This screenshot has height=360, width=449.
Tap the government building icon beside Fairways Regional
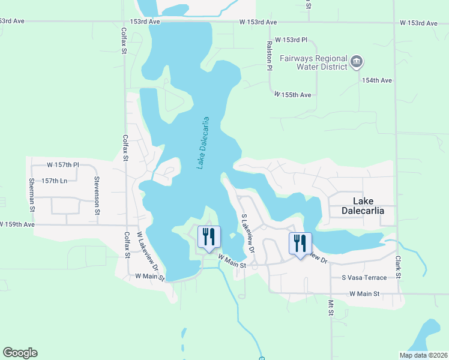357,61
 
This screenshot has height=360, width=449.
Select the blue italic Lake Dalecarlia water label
204,143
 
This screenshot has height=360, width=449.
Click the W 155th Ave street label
293,95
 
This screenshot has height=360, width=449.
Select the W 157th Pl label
63,164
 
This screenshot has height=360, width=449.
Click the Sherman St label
31,195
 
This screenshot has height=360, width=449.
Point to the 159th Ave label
17,224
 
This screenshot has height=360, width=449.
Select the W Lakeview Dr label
147,251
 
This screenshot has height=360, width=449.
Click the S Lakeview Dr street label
248,233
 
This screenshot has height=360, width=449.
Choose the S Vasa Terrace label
364,277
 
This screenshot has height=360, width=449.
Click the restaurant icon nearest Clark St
300,243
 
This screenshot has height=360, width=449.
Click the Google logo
20,353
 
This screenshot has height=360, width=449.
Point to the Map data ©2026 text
423,355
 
